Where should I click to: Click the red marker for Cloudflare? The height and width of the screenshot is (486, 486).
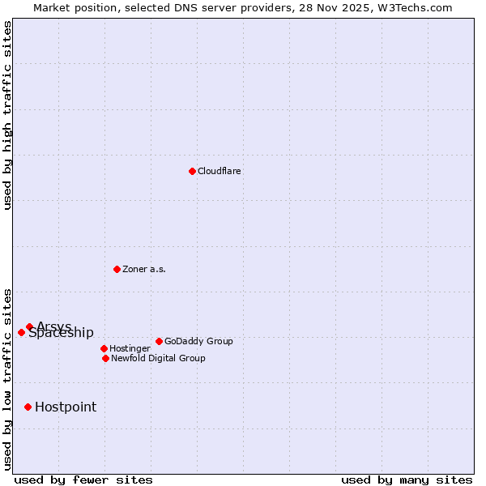(192, 171)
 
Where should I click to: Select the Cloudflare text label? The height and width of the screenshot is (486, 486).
(220, 172)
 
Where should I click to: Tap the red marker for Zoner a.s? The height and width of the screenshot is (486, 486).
(117, 269)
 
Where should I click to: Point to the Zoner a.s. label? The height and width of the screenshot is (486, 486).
(144, 270)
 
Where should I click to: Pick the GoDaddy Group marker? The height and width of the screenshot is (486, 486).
(159, 341)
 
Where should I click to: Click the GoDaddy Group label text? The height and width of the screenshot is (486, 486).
(198, 342)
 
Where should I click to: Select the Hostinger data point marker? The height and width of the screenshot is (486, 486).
(104, 348)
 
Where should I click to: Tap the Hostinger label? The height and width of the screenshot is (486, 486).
(130, 349)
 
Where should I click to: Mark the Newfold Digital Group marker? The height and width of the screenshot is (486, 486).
(105, 358)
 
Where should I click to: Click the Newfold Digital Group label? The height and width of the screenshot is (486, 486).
(158, 359)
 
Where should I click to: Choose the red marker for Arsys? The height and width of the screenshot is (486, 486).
(29, 326)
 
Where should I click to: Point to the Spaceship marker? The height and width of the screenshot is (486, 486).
(21, 332)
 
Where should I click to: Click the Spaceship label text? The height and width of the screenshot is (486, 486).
(62, 334)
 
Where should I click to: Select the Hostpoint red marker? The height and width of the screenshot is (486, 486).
(28, 407)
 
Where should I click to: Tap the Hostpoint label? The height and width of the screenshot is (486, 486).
(66, 407)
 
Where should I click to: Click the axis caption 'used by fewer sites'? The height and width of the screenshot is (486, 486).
(83, 480)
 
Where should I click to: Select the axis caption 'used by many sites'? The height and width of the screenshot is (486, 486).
(407, 480)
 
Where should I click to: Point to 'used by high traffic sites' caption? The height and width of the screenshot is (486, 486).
(8, 115)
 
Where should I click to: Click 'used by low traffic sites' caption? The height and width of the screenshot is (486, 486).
(8, 378)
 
